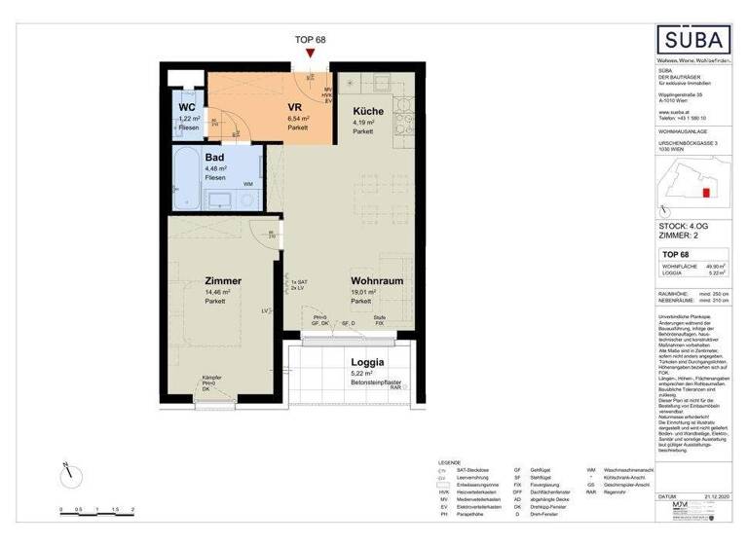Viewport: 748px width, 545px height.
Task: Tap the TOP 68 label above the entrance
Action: [310, 39]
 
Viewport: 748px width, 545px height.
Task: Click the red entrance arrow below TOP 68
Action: [310, 54]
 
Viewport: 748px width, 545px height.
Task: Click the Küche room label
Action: [368, 111]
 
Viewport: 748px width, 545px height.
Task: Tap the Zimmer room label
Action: [223, 280]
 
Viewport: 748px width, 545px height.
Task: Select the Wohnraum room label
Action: [378, 280]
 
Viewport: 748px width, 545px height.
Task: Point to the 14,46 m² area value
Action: [216, 291]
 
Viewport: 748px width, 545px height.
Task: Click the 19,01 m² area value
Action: [365, 291]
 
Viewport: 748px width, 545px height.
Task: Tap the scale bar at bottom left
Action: [96, 507]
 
